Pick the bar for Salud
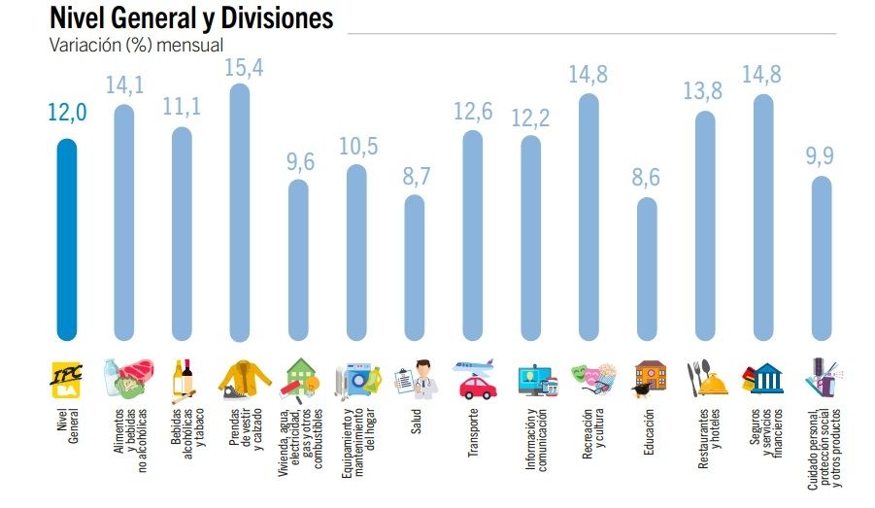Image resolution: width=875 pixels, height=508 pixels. (414, 267)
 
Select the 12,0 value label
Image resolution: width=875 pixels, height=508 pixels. (67, 114)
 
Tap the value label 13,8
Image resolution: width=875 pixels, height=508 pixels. (706, 93)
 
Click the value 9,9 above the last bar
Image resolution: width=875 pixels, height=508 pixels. (822, 155)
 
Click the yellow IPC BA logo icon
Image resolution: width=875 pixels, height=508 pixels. (66, 380)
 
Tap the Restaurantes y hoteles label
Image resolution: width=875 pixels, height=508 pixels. (709, 441)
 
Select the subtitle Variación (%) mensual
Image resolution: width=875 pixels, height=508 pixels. (136, 45)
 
